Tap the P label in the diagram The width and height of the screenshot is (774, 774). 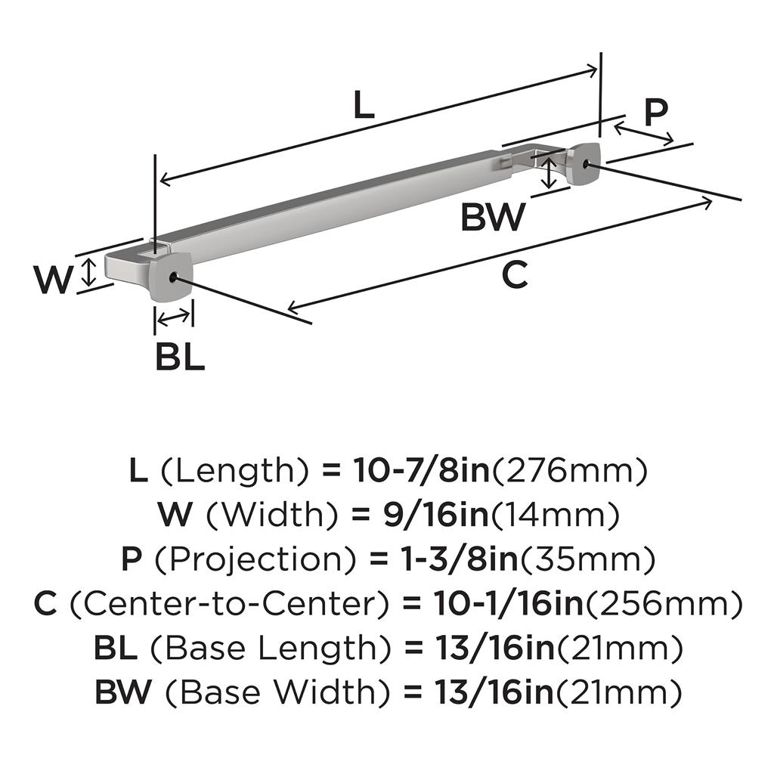tap(655, 112)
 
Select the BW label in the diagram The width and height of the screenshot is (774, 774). tap(492, 218)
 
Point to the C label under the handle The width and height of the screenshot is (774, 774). tap(515, 276)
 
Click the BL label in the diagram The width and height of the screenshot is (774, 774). tap(180, 358)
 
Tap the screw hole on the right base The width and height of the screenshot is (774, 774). tap(587, 162)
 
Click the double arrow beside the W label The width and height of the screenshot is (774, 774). tap(89, 272)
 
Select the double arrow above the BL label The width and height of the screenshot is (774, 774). tap(174, 317)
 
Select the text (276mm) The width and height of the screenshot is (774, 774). tap(570, 471)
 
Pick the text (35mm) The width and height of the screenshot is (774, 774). tap(585, 559)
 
